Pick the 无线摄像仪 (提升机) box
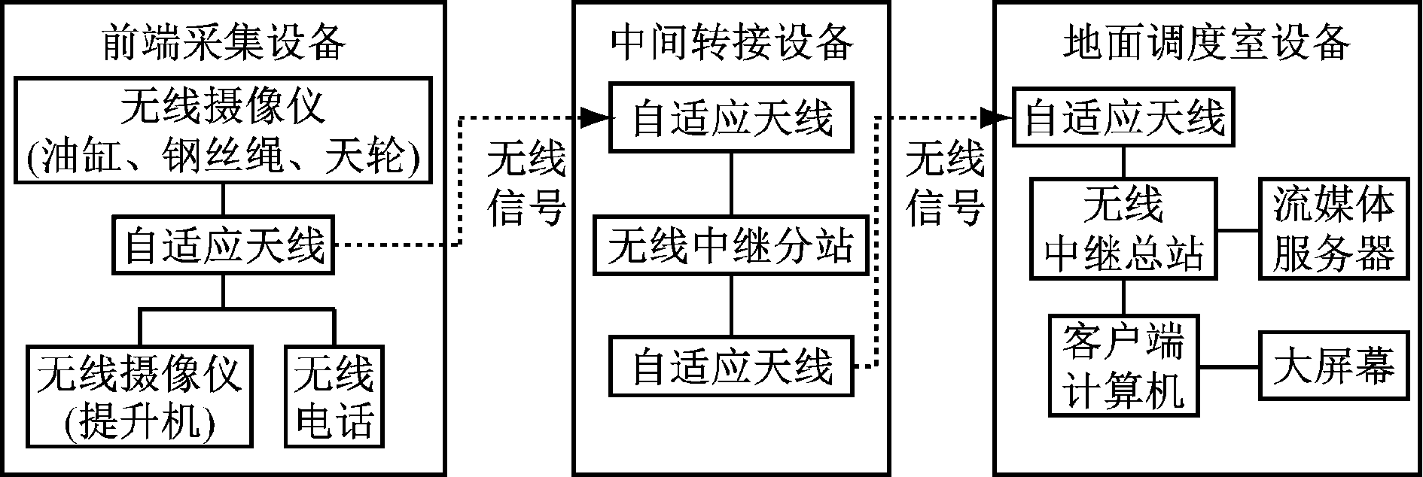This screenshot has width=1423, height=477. [x=140, y=396]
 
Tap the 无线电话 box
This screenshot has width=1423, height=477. [x=334, y=396]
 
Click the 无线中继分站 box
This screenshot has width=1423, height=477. [x=731, y=245]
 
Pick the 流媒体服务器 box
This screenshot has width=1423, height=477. [x=1333, y=229]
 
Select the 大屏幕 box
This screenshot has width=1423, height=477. [x=1333, y=366]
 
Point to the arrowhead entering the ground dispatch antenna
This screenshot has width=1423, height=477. [x=1000, y=117]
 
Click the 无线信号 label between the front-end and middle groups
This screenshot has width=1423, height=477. [x=526, y=184]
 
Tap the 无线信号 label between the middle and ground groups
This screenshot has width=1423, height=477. [x=945, y=184]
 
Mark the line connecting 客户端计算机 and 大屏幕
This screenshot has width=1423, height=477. [x=1229, y=367]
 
